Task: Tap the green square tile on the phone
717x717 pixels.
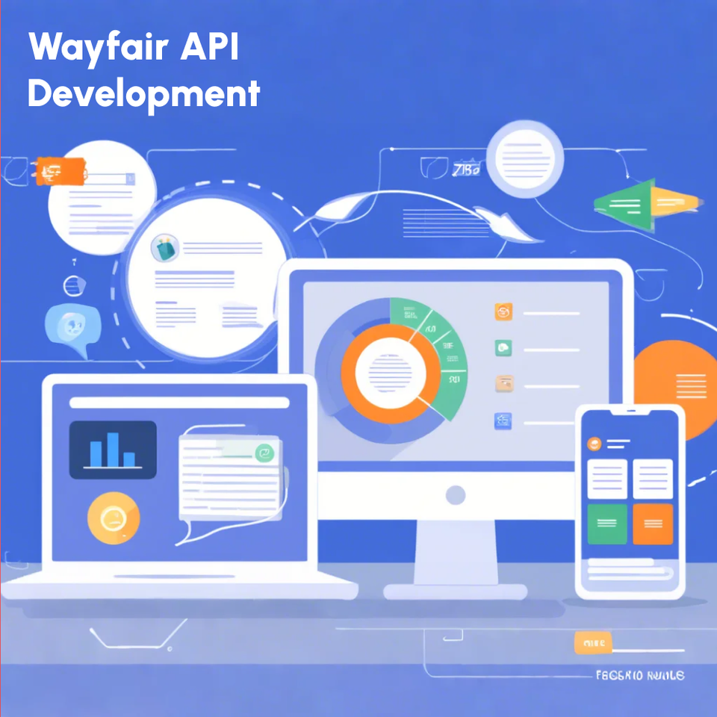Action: (x=607, y=524)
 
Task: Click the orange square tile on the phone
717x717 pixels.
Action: (x=653, y=524)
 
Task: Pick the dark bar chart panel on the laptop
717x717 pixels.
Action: (x=113, y=450)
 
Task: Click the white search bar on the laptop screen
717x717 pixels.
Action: (x=179, y=403)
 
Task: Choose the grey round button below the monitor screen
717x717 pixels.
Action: (x=456, y=494)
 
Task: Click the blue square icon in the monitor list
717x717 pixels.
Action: (x=503, y=421)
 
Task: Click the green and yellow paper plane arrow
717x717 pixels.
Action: (x=647, y=201)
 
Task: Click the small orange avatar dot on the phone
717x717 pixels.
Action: (x=595, y=443)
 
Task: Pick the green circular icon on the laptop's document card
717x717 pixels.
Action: (x=264, y=453)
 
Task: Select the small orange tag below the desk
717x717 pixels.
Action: (x=593, y=642)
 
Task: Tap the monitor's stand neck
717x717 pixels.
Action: (x=456, y=549)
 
